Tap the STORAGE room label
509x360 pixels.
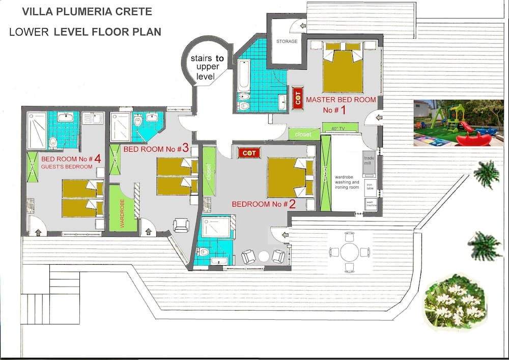tap(287, 41)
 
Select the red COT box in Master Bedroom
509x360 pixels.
tap(298, 97)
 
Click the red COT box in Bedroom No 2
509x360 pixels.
tap(249, 153)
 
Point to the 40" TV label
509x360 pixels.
tap(335, 128)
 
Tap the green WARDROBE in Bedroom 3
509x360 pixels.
tap(123, 208)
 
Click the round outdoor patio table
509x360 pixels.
tap(349, 252)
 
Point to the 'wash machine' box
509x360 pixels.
tap(371, 204)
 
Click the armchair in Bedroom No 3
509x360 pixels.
tap(181, 225)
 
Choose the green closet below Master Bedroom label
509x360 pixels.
tap(304, 134)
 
